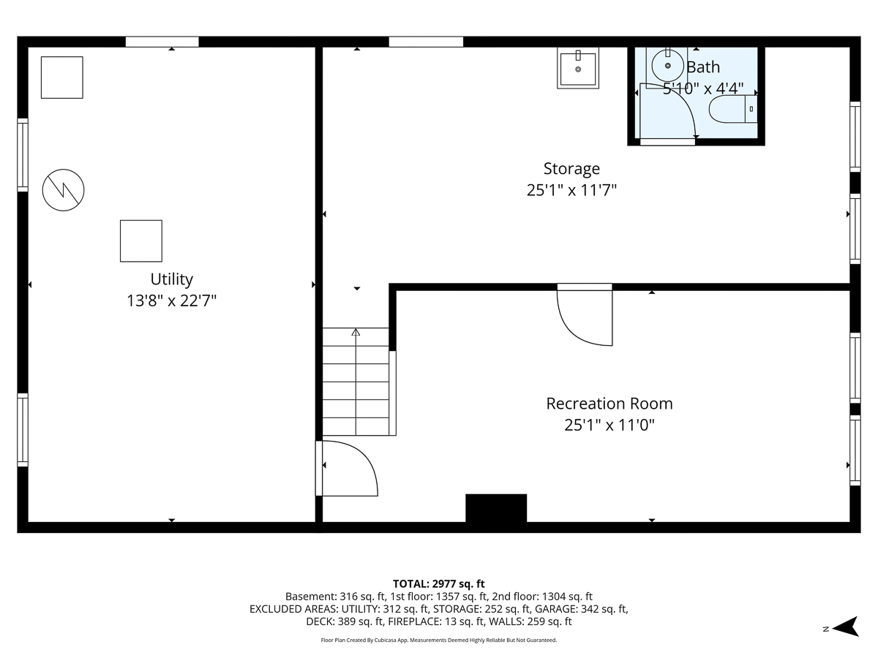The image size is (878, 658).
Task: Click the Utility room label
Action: click(171, 279)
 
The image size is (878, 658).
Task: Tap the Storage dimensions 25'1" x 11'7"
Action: click(571, 191)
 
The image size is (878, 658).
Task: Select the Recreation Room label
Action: click(609, 404)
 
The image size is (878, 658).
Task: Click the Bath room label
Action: click(702, 67)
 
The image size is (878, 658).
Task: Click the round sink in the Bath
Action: click(667, 64)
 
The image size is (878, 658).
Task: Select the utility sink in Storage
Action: click(578, 67)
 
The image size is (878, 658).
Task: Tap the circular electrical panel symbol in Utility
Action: click(63, 189)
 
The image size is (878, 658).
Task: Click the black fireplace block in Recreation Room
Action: click(496, 508)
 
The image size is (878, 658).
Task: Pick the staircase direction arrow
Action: click(356, 334)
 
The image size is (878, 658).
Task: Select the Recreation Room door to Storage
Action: click(585, 317)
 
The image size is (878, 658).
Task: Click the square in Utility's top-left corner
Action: click(61, 77)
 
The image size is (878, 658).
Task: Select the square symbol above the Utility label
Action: click(140, 241)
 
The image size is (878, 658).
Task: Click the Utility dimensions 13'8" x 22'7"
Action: click(171, 300)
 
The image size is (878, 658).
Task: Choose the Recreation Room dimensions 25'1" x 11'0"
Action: click(609, 425)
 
